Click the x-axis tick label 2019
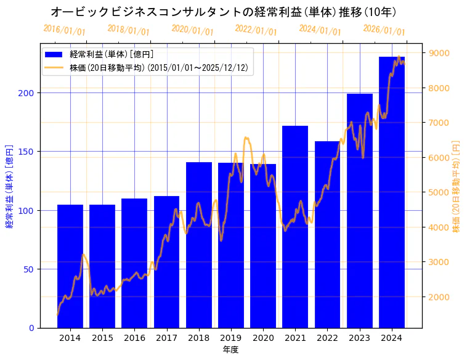pos(231,338)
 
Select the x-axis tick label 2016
pos(134,338)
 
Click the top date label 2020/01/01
pos(192,30)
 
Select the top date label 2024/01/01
pos(320,30)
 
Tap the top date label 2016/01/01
pos(64,30)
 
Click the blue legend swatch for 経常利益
pos(54,55)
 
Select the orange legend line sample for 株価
pos(54,67)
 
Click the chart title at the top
pos(223,12)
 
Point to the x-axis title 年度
pos(231,350)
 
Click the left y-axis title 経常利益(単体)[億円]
pos(9,186)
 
